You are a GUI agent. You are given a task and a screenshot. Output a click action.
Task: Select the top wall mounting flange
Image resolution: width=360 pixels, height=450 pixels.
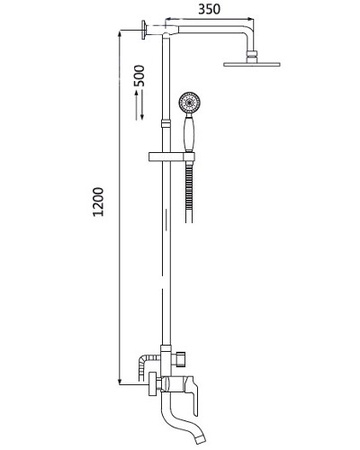point(146,30)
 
